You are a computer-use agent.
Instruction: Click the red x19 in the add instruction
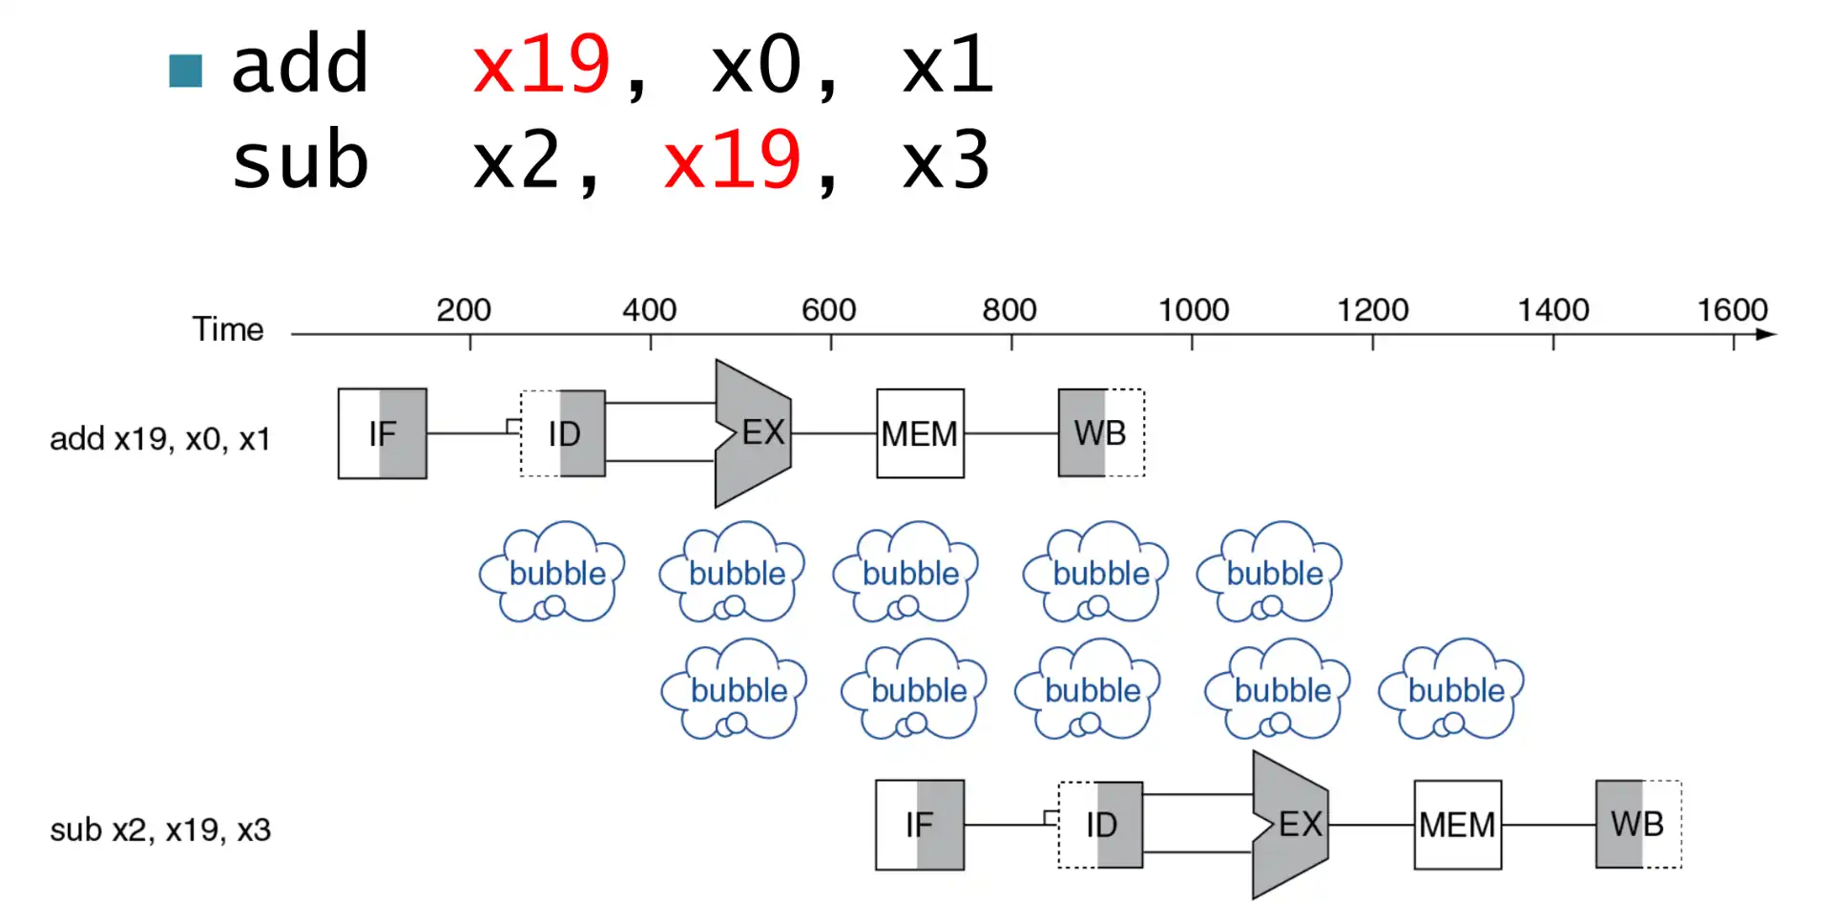coord(541,65)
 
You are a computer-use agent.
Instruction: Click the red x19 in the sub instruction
coord(732,160)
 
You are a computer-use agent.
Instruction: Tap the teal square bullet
coord(185,71)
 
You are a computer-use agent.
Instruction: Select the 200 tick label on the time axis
coord(464,310)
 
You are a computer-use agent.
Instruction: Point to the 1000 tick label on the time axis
coord(1193,310)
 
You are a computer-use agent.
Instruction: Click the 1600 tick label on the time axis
coord(1732,310)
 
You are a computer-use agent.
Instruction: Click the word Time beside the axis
coord(228,329)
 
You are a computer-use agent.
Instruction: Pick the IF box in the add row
coord(382,433)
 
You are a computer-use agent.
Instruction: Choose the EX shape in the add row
coord(754,433)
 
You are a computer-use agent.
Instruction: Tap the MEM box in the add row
coord(920,433)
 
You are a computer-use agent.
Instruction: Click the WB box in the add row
coord(1100,433)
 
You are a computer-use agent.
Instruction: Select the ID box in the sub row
coord(1101,825)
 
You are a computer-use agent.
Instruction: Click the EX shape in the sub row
coord(1291,825)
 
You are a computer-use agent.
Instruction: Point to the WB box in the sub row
coord(1637,825)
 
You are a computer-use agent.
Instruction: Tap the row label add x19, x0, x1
coord(160,439)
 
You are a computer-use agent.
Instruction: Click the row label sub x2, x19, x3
coord(160,830)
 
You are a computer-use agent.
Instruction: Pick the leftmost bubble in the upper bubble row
coord(553,572)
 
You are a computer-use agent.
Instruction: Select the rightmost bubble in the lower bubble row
coord(1452,689)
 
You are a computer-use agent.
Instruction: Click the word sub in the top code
coord(300,160)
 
